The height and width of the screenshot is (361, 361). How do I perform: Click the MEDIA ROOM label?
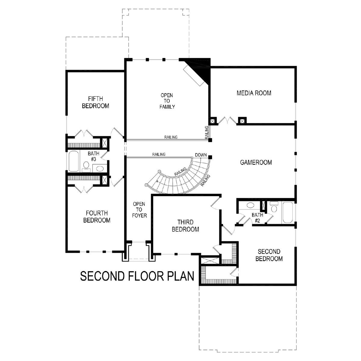click(254, 93)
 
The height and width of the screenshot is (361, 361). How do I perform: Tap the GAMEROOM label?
click(256, 162)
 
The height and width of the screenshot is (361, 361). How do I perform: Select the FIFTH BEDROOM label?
click(96, 102)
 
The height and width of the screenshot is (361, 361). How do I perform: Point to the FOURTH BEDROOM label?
click(97, 217)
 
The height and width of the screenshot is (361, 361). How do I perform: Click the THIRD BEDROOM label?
click(186, 226)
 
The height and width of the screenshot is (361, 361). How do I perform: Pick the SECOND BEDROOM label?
click(269, 255)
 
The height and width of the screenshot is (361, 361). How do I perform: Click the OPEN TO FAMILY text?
click(167, 101)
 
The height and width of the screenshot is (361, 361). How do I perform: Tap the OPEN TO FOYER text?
click(139, 210)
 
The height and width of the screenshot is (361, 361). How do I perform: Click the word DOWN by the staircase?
click(201, 155)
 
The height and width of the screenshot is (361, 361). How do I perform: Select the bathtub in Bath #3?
click(74, 161)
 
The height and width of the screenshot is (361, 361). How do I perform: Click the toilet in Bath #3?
click(86, 167)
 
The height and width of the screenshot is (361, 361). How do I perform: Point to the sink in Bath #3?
click(99, 168)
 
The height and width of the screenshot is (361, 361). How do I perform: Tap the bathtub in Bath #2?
click(288, 212)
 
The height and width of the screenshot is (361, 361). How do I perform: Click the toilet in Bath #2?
click(274, 207)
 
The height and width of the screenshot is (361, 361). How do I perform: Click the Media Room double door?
click(227, 120)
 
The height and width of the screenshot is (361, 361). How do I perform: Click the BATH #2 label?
click(258, 218)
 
